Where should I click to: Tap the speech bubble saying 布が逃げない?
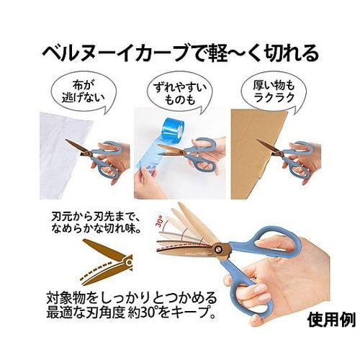pos(84,92)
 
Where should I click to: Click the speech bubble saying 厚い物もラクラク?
pos(274,92)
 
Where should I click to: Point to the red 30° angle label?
pos(160,221)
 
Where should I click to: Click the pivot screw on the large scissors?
pos(219,249)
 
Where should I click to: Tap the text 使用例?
pos(331,320)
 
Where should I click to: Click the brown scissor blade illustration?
pos(107,262)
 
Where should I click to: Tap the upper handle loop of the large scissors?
pos(266,240)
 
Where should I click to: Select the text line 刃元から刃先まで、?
pos(94,217)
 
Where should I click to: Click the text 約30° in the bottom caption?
pos(142,312)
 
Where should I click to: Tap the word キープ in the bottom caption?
pos(188,312)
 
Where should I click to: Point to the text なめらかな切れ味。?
pos(96,229)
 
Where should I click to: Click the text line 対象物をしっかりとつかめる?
pos(132,297)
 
